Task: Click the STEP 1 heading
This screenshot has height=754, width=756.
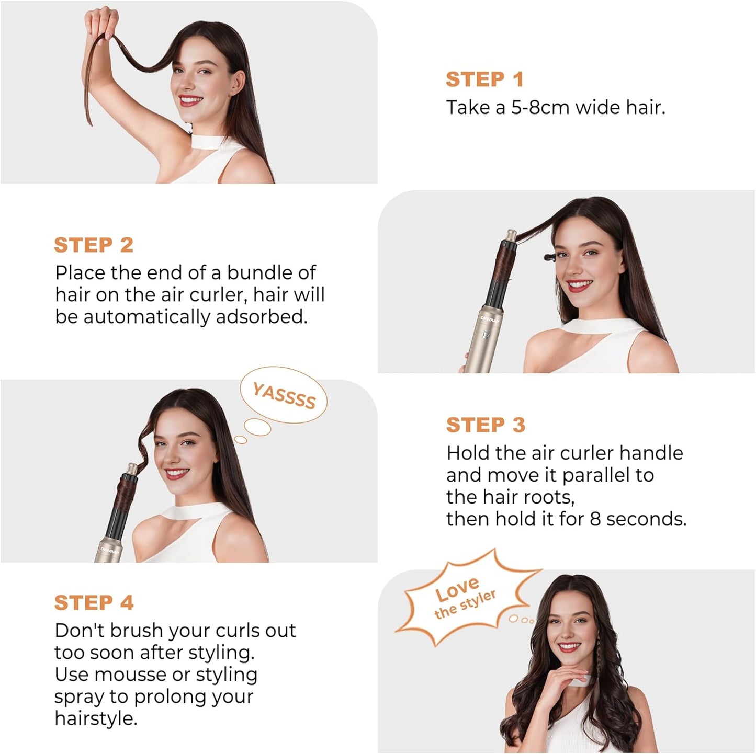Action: point(484,79)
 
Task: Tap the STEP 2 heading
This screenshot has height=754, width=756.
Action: point(94,245)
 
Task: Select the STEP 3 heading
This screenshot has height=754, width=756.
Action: point(485,425)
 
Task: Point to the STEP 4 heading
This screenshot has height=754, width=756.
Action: point(94,602)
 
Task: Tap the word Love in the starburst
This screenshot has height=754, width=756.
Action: point(457,590)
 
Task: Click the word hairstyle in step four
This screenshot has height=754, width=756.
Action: point(95,719)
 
